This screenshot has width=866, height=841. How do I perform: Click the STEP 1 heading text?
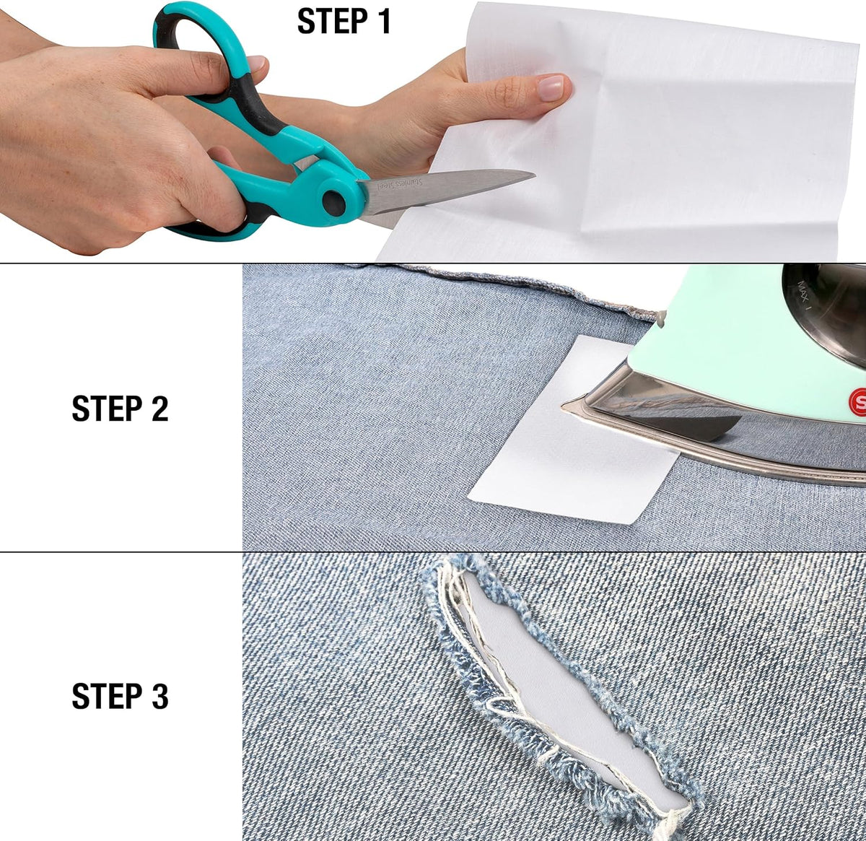344,21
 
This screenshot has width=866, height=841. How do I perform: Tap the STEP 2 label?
120,409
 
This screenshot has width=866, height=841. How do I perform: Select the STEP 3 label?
120,697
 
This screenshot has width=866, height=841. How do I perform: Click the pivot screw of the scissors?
333,203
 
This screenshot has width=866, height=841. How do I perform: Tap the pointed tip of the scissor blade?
534,175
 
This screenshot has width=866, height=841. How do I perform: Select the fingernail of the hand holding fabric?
551,87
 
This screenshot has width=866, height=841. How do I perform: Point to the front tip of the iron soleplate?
563,406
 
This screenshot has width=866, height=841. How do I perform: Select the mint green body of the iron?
734,356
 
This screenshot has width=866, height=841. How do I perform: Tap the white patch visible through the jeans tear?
565,694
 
